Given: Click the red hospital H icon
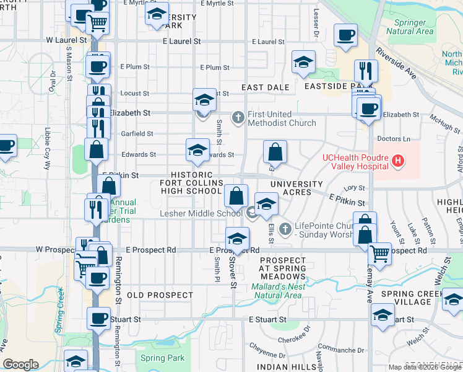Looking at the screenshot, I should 397,162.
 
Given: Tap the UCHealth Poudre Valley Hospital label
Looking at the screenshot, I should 355,158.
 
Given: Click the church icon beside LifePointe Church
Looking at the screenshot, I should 285,229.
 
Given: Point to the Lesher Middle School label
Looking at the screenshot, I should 201,213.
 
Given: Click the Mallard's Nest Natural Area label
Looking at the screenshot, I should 277,291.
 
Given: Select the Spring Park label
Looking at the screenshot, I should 162,358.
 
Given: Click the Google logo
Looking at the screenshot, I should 20,365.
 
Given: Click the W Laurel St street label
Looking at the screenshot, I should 69,40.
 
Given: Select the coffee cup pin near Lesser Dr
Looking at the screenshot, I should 345,35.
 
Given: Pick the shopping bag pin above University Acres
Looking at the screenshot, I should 275,153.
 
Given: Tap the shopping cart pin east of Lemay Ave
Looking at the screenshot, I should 379,253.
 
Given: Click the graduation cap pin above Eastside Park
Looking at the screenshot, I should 304,63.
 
